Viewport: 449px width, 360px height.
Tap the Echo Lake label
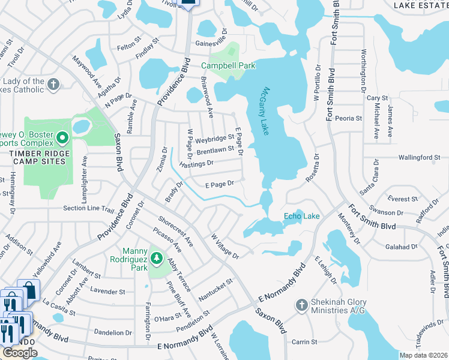click(x=301, y=216)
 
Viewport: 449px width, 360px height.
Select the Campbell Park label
click(x=228, y=65)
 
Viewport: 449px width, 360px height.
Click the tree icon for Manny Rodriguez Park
click(x=157, y=258)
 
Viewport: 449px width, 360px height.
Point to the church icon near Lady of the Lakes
click(x=53, y=84)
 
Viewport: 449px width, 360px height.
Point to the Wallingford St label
click(x=419, y=157)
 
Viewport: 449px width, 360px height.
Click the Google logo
click(x=20, y=353)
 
